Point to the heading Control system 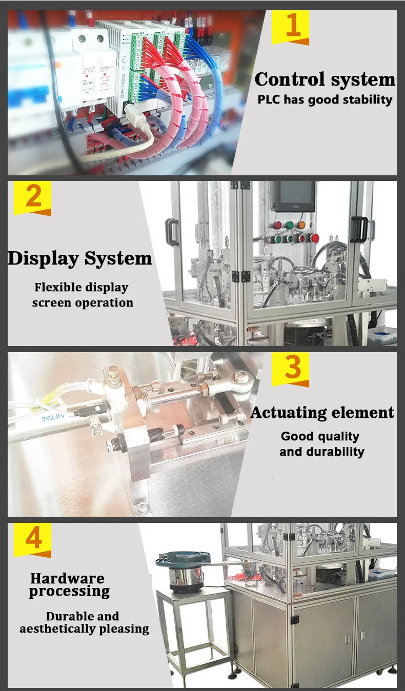(x=325, y=79)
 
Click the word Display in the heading (x=43, y=258)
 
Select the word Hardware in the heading (x=67, y=579)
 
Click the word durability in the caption (x=335, y=452)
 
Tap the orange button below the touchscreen (x=301, y=225)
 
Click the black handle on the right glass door (x=359, y=229)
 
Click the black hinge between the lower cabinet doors (x=294, y=620)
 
